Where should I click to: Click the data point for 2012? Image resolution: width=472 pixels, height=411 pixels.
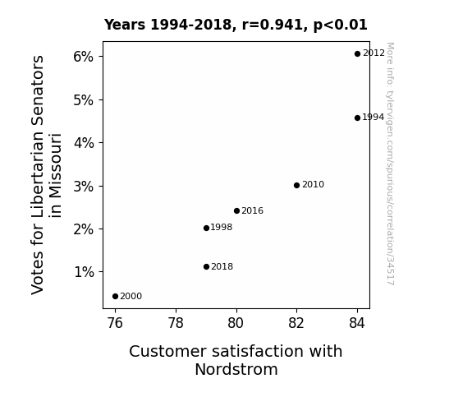pyautogui.click(x=357, y=54)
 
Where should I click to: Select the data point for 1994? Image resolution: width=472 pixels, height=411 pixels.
pyautogui.click(x=357, y=118)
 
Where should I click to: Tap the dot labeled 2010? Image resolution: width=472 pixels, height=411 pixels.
pyautogui.click(x=296, y=185)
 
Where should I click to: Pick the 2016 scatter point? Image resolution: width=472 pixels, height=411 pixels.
pyautogui.click(x=236, y=210)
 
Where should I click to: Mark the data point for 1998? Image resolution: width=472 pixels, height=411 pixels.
pyautogui.click(x=206, y=228)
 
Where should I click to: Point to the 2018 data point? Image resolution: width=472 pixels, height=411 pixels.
pyautogui.click(x=206, y=266)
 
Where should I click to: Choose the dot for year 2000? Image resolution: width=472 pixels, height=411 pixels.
pyautogui.click(x=115, y=297)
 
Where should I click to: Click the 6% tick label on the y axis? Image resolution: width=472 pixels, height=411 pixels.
pyautogui.click(x=84, y=57)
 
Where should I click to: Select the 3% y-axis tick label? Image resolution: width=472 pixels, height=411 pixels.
pyautogui.click(x=84, y=187)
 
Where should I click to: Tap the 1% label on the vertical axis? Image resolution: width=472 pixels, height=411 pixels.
pyautogui.click(x=84, y=272)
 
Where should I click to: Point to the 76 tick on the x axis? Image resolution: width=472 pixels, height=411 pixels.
pyautogui.click(x=115, y=323)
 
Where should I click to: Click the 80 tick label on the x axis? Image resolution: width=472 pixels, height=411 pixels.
pyautogui.click(x=236, y=323)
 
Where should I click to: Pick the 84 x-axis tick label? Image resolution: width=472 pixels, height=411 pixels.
pyautogui.click(x=357, y=323)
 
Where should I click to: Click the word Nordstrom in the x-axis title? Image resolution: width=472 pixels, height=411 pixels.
pyautogui.click(x=236, y=369)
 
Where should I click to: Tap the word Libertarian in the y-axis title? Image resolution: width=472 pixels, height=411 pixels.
pyautogui.click(x=38, y=174)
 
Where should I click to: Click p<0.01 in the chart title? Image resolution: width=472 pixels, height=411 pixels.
pyautogui.click(x=340, y=25)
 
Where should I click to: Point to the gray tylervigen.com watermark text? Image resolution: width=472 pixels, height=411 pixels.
pyautogui.click(x=390, y=164)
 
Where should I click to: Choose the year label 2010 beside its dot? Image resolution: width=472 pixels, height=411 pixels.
pyautogui.click(x=313, y=185)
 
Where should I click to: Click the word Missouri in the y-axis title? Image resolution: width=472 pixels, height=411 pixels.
pyautogui.click(x=55, y=175)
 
